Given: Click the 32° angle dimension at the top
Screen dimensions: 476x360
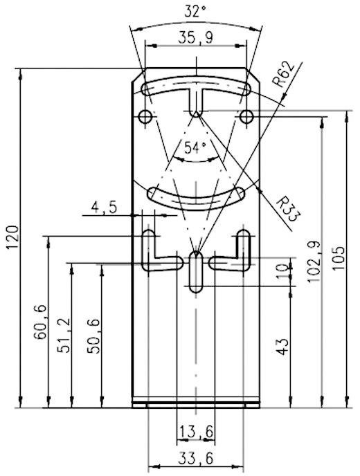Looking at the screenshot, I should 196,12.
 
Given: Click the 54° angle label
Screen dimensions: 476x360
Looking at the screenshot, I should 195,147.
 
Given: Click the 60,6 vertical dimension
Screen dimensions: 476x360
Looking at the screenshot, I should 40,322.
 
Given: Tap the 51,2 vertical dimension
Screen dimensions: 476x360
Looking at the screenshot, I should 64,336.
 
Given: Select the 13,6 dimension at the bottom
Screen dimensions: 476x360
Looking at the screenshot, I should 195,432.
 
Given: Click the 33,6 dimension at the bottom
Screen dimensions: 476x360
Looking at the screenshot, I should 195,457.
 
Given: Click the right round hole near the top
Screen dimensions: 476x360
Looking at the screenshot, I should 244,116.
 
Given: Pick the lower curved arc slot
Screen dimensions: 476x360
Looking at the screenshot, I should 195,196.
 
